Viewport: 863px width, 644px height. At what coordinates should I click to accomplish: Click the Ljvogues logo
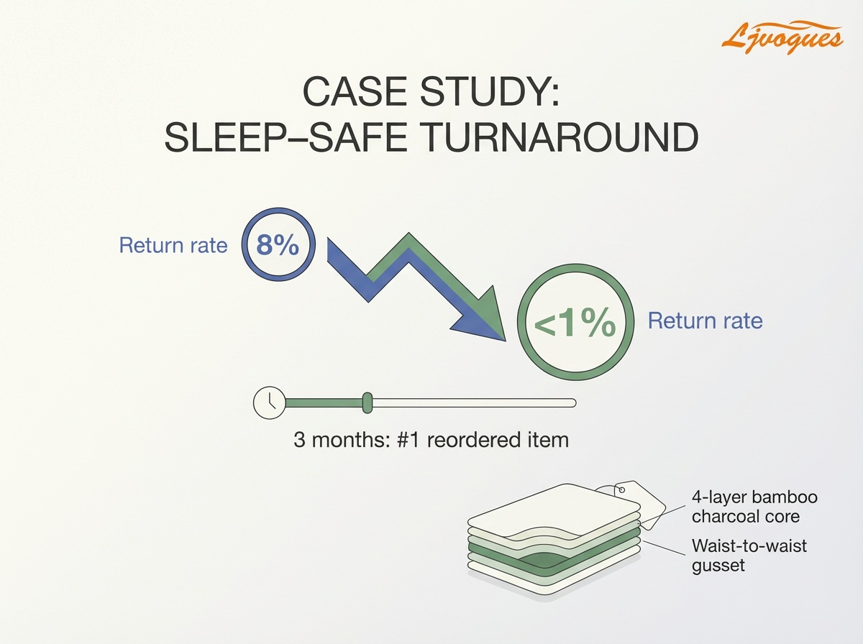pos(782,35)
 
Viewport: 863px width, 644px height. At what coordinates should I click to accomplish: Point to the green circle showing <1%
pos(575,325)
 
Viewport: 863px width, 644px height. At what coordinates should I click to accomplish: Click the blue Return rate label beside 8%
pos(173,245)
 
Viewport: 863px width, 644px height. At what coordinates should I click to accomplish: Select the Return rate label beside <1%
pos(705,321)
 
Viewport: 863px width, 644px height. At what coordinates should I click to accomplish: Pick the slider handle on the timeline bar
pos(367,402)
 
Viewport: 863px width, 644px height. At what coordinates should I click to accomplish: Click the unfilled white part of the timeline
pos(475,402)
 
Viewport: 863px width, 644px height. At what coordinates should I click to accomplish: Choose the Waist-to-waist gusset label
pos(749,555)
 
